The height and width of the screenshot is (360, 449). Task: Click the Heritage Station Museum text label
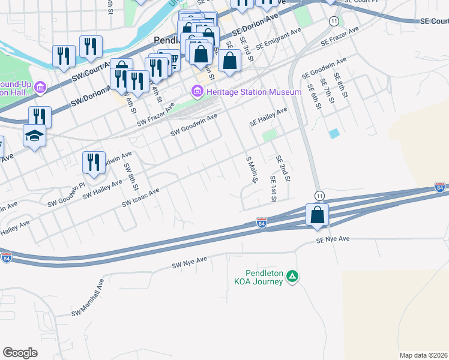[253, 92]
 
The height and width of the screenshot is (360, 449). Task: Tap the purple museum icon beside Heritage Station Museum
[196, 92]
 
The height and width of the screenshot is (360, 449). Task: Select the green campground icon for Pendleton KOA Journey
[292, 276]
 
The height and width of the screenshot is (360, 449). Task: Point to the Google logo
[20, 353]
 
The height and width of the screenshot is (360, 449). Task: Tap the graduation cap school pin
[35, 137]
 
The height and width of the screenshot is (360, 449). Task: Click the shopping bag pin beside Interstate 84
[316, 214]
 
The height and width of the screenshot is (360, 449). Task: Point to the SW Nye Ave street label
[189, 262]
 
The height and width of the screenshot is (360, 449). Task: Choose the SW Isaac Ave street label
[140, 198]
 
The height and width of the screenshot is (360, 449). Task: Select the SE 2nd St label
[283, 169]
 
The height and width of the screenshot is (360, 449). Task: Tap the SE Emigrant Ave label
[278, 39]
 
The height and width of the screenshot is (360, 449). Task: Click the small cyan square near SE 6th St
[334, 133]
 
